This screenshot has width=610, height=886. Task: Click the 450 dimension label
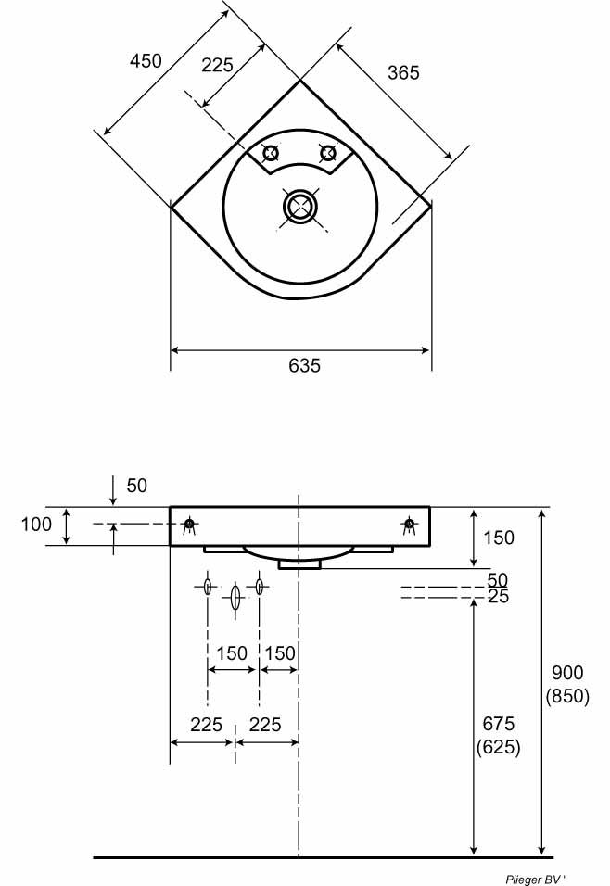coord(146,61)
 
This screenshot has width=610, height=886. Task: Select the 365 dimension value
coord(403,72)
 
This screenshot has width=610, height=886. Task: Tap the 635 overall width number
coord(304,366)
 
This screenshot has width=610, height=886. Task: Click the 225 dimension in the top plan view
coord(217,65)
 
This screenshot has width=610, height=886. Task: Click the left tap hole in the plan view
coord(271,153)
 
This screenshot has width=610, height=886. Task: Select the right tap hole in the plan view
coord(326,153)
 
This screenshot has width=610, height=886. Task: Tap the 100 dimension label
coord(36,525)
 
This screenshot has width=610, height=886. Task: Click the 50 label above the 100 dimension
coord(137,486)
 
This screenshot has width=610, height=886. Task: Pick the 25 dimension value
coord(498,597)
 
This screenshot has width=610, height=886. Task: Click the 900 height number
coord(567,674)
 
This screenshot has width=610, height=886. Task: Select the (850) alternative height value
coord(567,696)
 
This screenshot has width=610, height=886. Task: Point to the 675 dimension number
coord(498,724)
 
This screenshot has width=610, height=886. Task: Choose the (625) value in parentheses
coord(498,746)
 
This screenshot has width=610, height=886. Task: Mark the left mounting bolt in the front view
coord(189,525)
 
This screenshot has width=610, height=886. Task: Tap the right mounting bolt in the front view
coord(409,525)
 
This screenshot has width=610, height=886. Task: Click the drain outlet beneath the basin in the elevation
coord(299,562)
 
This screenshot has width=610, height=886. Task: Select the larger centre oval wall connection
coord(235,596)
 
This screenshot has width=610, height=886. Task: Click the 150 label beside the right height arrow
coord(498,538)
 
